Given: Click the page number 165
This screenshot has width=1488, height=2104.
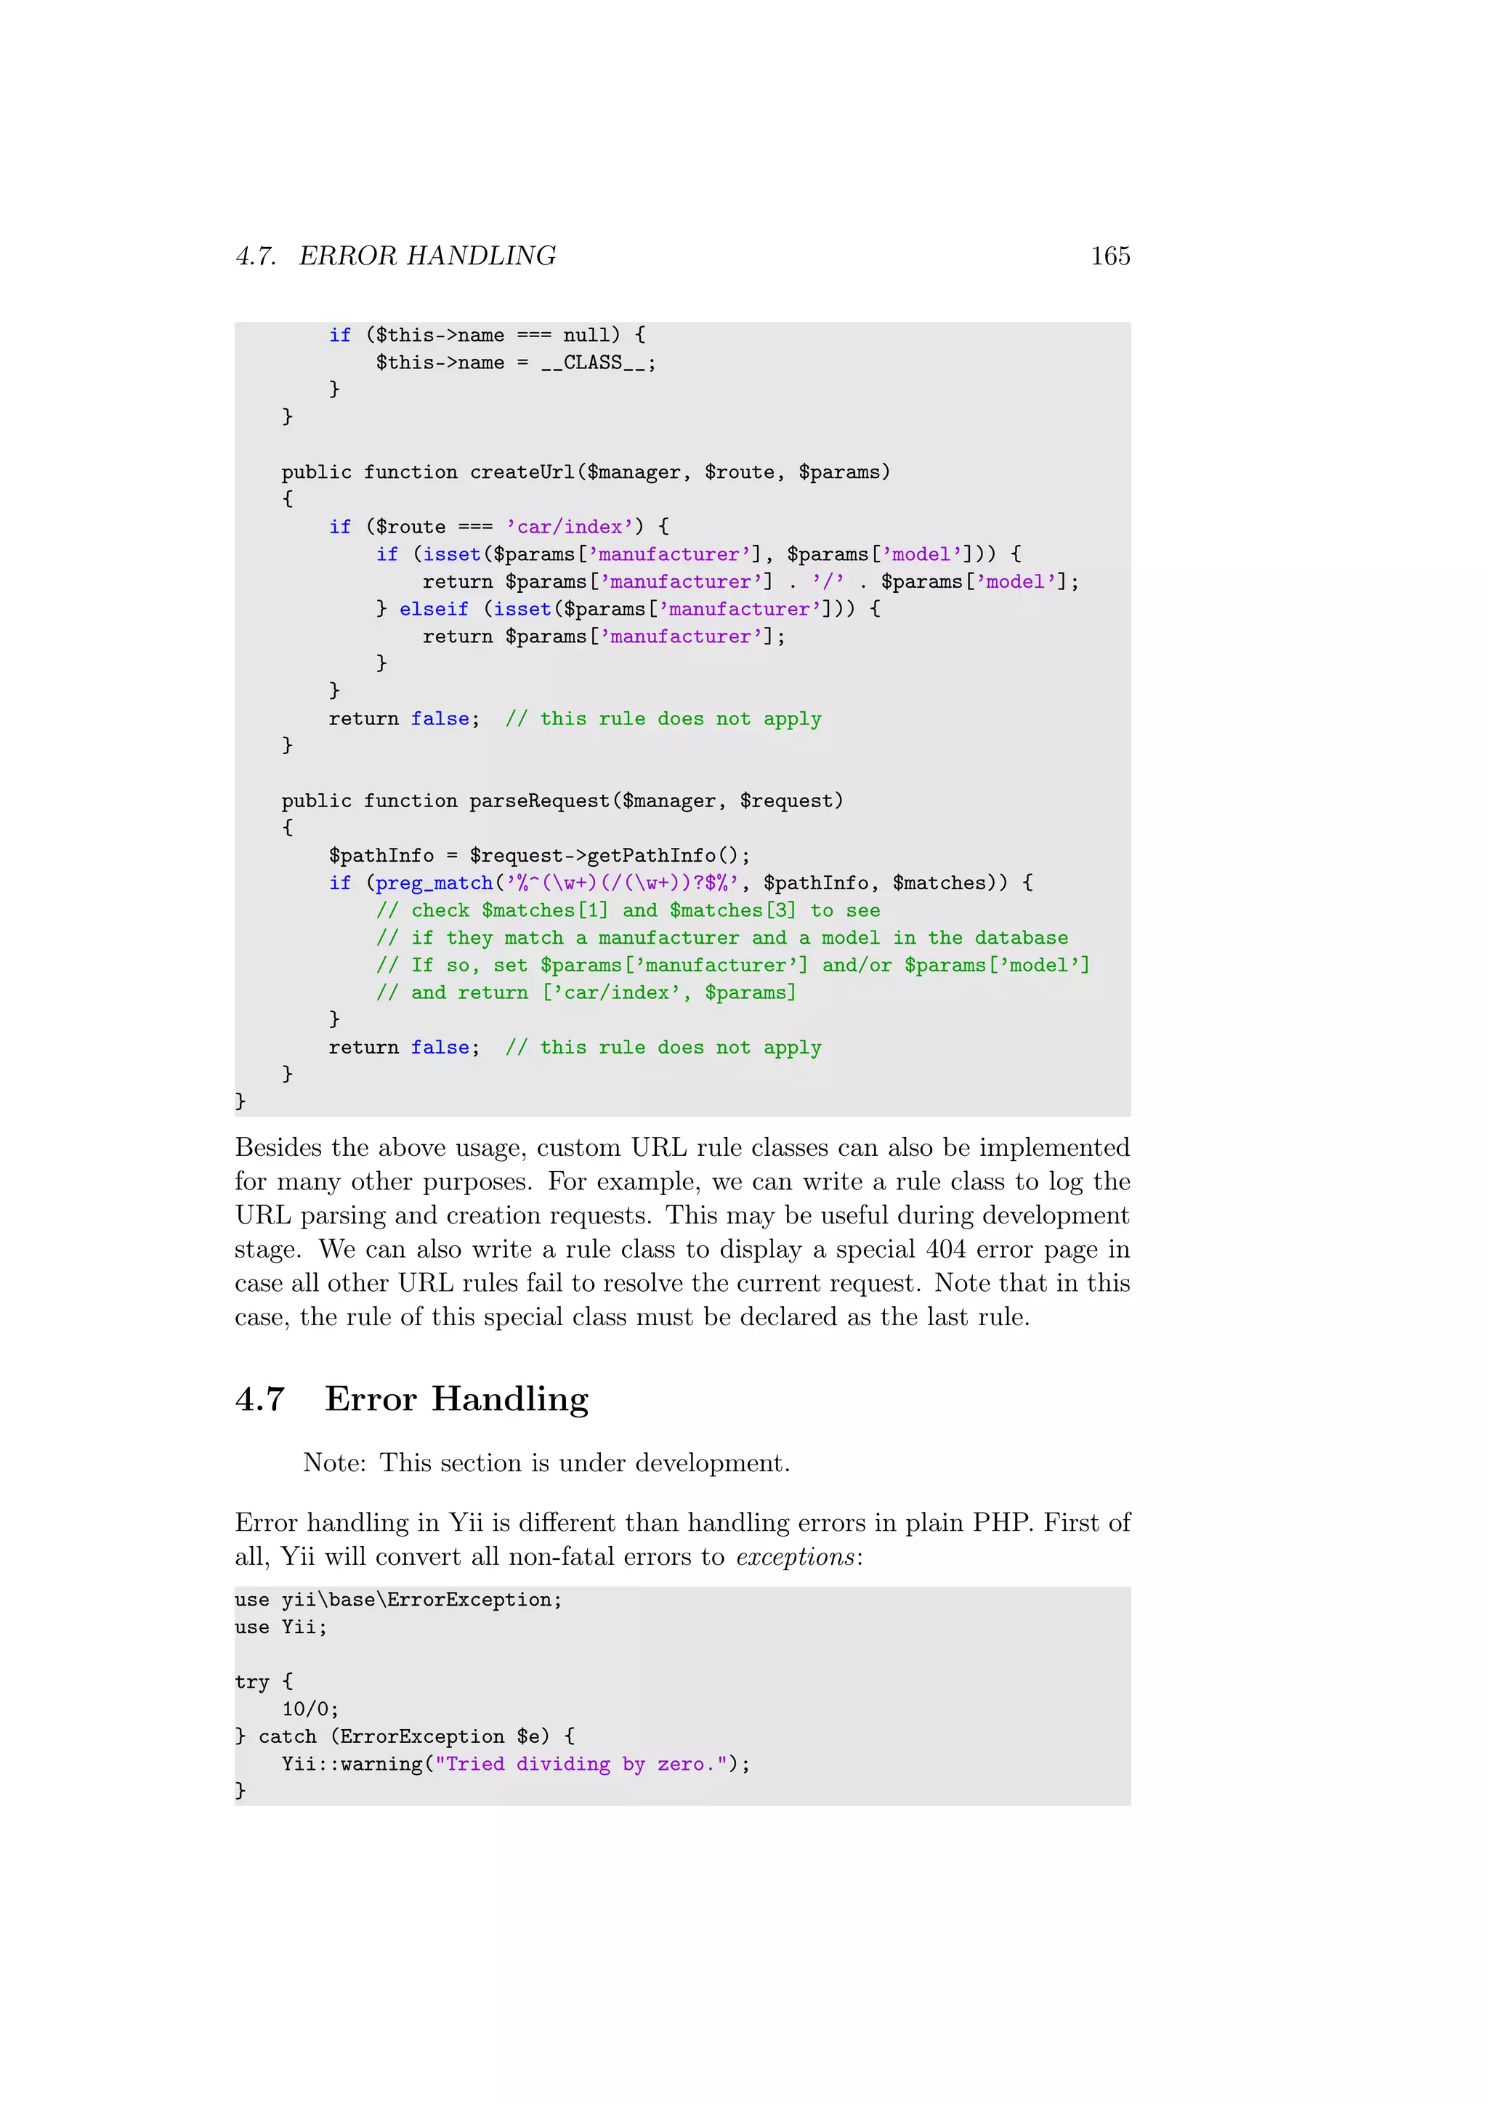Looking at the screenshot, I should (1109, 256).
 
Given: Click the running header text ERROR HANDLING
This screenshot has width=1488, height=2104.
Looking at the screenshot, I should (427, 256).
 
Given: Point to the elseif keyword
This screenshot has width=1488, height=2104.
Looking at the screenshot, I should (433, 610).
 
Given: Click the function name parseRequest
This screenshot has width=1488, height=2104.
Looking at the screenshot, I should (540, 801).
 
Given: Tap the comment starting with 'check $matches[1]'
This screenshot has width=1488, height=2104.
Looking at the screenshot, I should (628, 911).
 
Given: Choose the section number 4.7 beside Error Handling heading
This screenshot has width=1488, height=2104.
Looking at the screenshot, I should (260, 1399).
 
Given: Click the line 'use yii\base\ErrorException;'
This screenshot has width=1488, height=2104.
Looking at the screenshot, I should (399, 1600).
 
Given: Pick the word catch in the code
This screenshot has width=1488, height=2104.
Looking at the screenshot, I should (287, 1736).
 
